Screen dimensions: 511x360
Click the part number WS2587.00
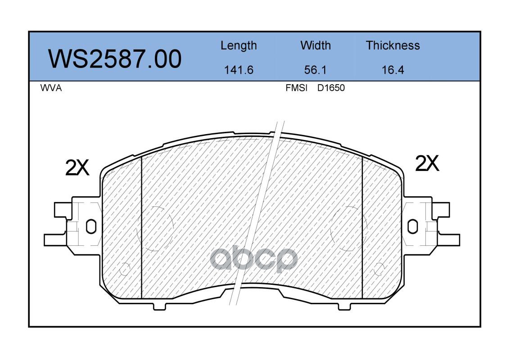pos(115,59)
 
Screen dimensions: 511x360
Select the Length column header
pos(239,45)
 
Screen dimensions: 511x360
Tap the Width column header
pos(316,45)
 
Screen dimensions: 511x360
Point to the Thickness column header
pos(393,45)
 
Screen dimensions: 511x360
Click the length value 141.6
pos(239,70)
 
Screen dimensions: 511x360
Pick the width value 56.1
pos(315,70)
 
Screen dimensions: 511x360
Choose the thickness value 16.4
pos(393,70)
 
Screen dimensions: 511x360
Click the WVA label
pos(51,88)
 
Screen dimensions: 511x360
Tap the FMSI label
pos(296,88)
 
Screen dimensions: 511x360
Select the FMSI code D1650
pos(331,88)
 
